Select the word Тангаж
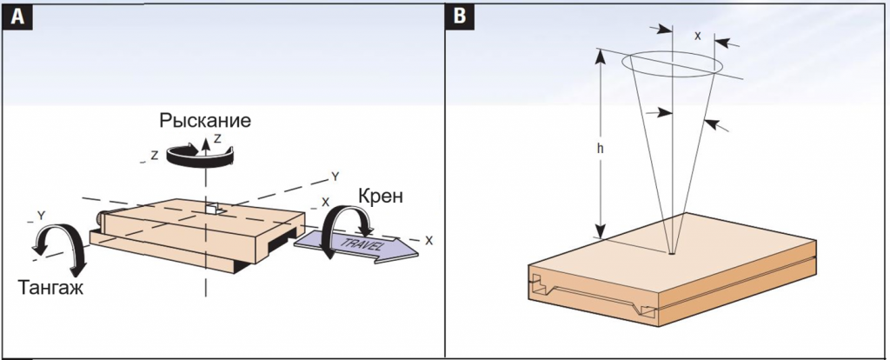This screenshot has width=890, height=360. (x=50, y=289)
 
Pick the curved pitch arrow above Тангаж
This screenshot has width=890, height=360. (x=60, y=244)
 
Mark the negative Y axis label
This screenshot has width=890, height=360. (x=40, y=213)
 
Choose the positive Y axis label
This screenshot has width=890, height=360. (x=335, y=177)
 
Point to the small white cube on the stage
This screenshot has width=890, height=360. (x=214, y=210)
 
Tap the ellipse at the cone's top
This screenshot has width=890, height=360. (x=675, y=64)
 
